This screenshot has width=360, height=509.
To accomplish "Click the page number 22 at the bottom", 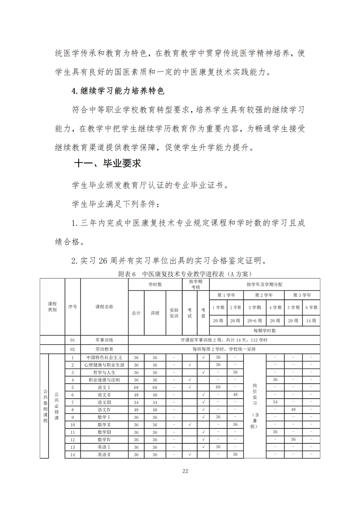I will [x=185, y=471].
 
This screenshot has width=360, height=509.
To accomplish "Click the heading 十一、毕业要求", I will [x=108, y=163].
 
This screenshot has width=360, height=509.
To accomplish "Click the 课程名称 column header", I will [x=104, y=306].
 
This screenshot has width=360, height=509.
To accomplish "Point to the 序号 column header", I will [x=72, y=306].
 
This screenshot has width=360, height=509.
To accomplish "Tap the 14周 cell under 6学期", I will [x=311, y=320].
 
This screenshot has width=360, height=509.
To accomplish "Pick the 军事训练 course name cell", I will [x=104, y=340].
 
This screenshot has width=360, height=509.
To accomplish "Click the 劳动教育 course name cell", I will [x=104, y=349].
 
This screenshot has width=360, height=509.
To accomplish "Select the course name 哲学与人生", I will [x=104, y=372].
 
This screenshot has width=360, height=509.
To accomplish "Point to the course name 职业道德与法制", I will [x=104, y=379].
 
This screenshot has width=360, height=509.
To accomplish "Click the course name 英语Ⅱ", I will [x=104, y=455].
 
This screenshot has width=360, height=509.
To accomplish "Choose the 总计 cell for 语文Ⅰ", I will [x=136, y=387].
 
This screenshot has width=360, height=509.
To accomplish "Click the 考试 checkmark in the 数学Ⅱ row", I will [x=189, y=424].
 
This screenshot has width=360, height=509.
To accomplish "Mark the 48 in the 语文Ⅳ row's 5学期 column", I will [x=293, y=410].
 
